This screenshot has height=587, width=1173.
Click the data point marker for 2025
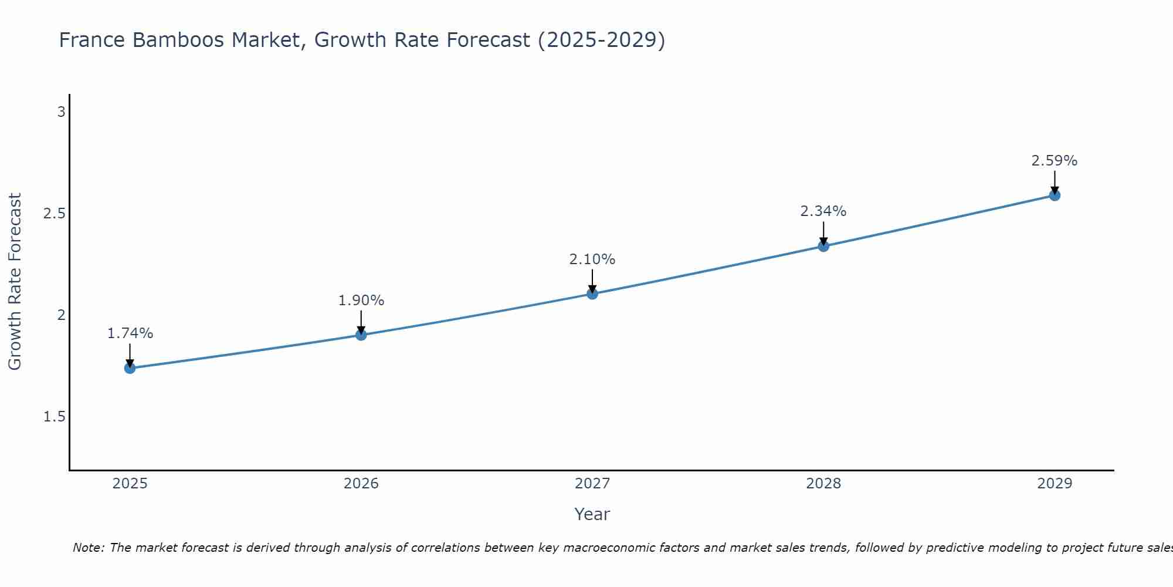tap(130, 368)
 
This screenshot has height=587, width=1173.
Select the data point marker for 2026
tap(361, 335)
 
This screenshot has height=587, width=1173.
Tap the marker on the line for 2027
tap(592, 293)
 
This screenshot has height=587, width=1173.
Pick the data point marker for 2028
tap(823, 246)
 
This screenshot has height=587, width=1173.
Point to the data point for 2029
tap(1055, 195)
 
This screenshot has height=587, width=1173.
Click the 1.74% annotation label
tap(130, 333)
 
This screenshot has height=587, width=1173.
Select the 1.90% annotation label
tap(361, 301)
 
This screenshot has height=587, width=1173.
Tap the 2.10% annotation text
tap(592, 259)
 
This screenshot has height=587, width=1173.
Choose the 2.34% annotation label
tap(823, 211)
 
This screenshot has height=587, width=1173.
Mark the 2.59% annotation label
tap(1055, 161)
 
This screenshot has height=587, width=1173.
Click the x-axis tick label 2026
tap(361, 484)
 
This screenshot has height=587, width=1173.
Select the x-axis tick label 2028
tap(823, 484)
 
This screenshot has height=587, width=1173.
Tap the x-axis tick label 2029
tap(1055, 484)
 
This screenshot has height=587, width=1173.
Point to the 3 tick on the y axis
tap(61, 112)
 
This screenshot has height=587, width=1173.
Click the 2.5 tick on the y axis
tap(54, 214)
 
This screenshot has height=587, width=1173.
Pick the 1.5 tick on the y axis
tap(54, 417)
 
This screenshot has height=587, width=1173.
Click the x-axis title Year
tap(592, 514)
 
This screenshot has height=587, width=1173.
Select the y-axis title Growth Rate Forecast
tap(15, 282)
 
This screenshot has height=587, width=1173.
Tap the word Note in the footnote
tap(88, 548)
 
